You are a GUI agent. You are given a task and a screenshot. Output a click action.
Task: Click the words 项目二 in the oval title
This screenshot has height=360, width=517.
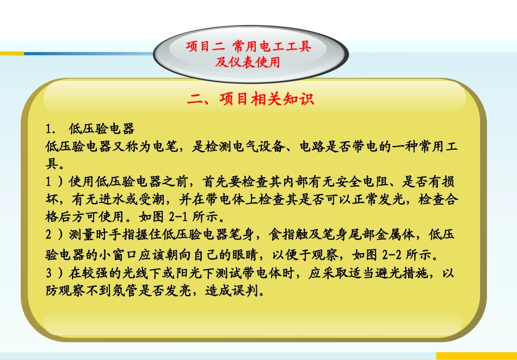coord(205,47)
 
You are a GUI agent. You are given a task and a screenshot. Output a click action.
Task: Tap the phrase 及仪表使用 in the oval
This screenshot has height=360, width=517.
coord(248,63)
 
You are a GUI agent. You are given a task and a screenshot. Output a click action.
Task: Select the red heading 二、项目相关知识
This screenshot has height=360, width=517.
coord(251,99)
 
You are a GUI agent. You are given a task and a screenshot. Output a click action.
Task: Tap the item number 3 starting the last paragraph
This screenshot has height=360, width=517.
coord(49,273)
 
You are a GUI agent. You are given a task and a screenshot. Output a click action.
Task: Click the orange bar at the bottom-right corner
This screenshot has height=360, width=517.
coord(476,356)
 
